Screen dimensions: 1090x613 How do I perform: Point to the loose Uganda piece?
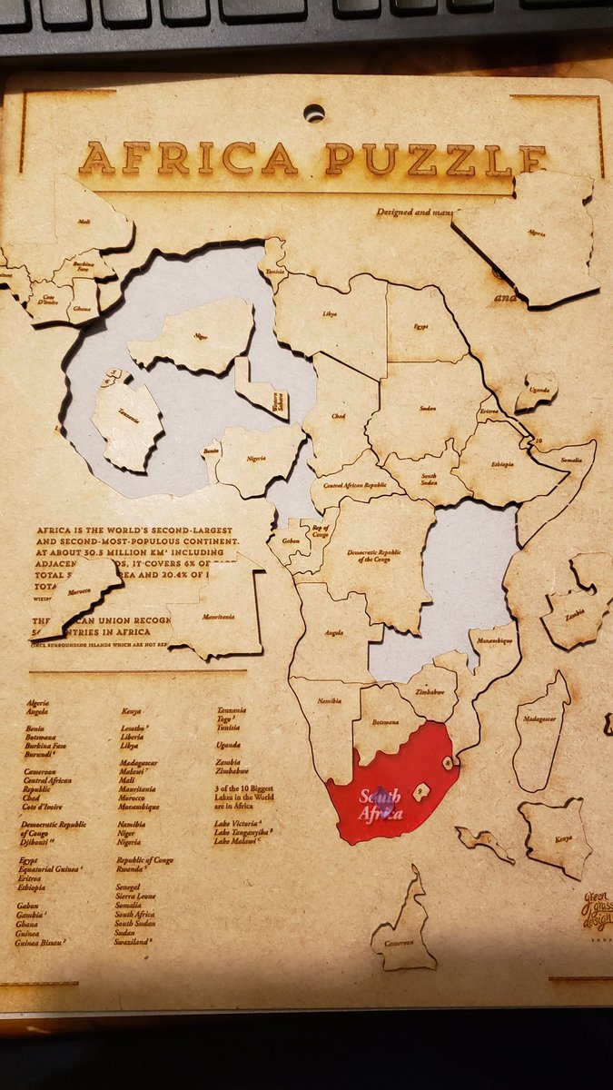pyautogui.click(x=537, y=391)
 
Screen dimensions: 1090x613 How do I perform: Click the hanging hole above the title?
pyautogui.click(x=313, y=114)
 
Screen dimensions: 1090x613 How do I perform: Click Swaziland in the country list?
pyautogui.click(x=134, y=941)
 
